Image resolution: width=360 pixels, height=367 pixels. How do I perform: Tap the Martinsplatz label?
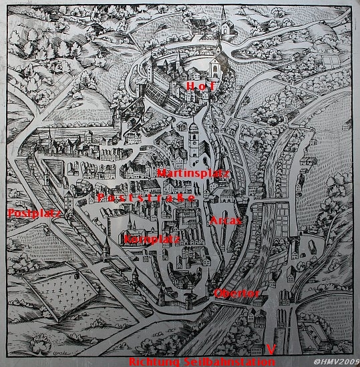click(x=193, y=173)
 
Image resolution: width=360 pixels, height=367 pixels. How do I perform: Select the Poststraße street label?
click(x=146, y=198)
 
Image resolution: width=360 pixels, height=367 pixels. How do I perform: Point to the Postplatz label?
click(x=25, y=214)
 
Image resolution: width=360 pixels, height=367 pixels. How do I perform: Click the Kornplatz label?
click(x=152, y=239)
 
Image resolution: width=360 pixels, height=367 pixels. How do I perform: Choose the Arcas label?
click(x=225, y=220)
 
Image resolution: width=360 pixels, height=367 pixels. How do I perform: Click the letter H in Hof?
click(x=190, y=87)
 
